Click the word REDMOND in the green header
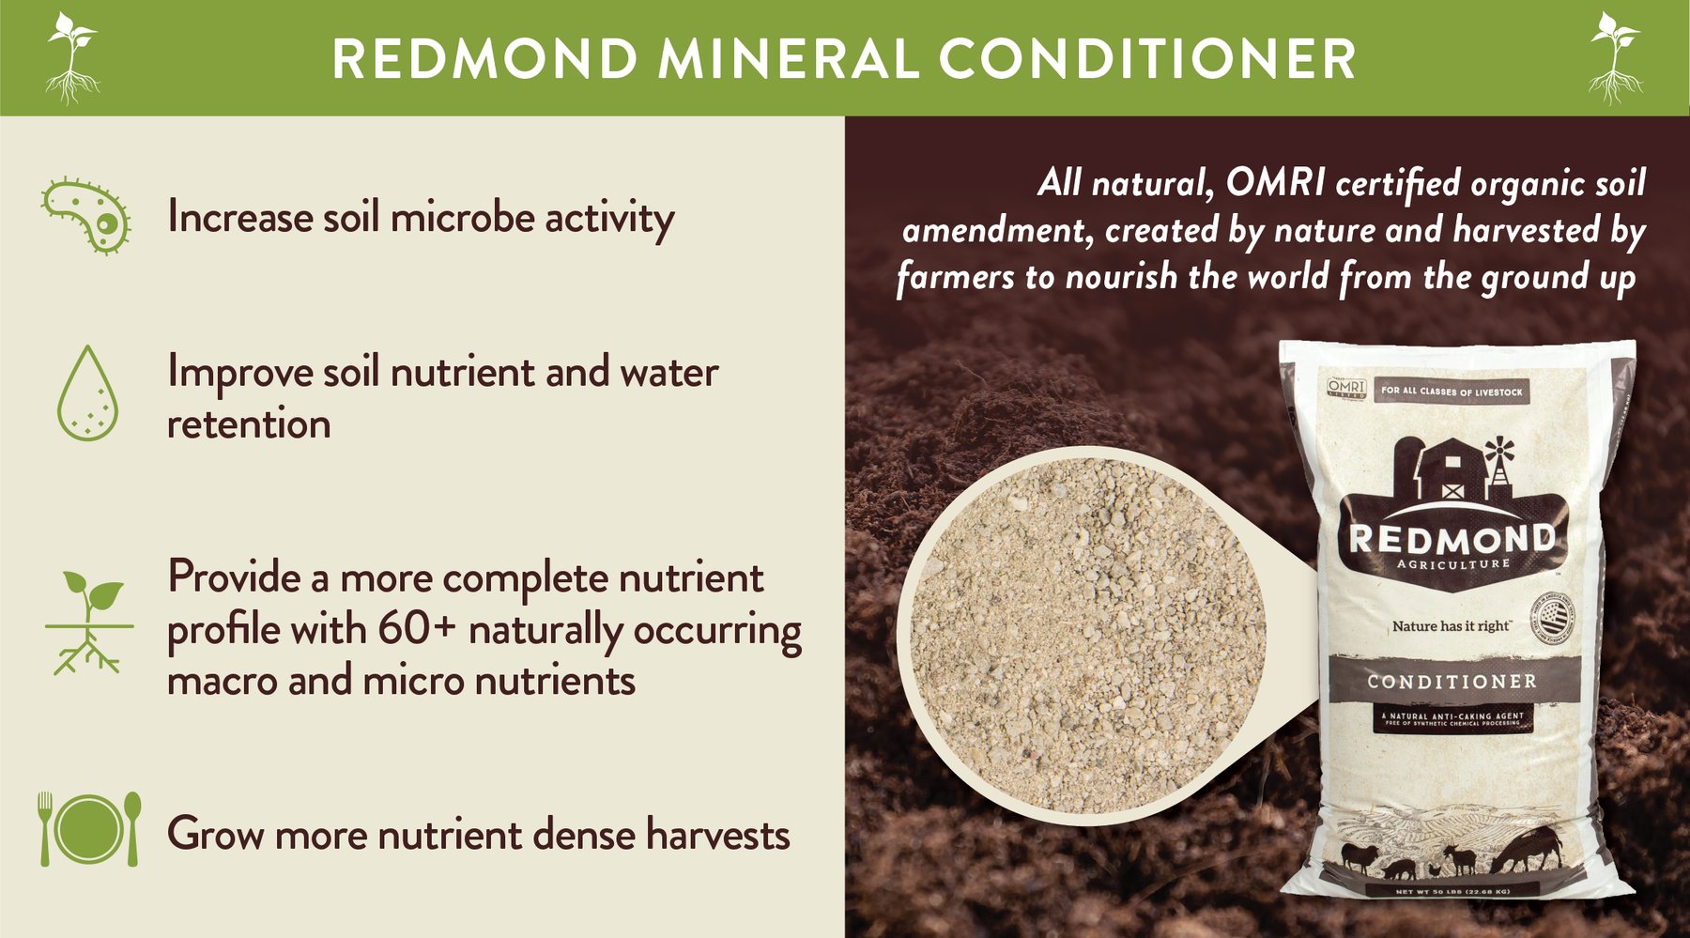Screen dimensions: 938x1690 click(x=484, y=58)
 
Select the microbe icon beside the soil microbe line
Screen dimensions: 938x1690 click(x=87, y=217)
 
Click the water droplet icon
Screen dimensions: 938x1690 click(x=87, y=394)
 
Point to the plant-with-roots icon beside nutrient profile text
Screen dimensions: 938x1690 click(x=88, y=623)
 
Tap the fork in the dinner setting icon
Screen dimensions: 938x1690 click(x=44, y=827)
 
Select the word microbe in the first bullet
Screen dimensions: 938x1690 click(x=461, y=218)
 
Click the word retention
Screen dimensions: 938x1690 click(x=249, y=424)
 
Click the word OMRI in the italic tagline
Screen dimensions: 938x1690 click(x=1275, y=182)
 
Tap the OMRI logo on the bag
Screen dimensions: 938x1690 click(x=1345, y=389)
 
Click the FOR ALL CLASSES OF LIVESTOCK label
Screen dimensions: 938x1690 click(x=1452, y=392)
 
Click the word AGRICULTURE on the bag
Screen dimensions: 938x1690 click(x=1452, y=564)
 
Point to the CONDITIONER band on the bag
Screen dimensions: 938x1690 click(x=1452, y=681)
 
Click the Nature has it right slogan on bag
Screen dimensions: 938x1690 click(x=1451, y=625)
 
